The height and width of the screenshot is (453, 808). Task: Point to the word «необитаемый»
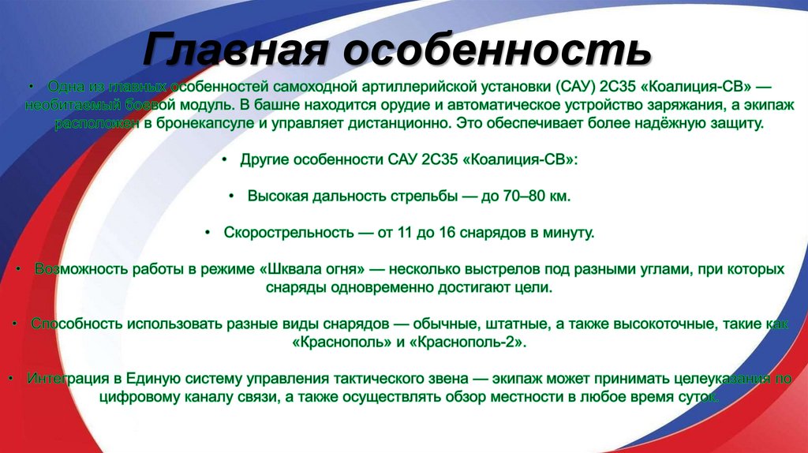pos(88,105)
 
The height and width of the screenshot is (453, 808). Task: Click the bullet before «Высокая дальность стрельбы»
pos(231,196)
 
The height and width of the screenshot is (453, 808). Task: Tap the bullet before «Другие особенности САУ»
pos(224,159)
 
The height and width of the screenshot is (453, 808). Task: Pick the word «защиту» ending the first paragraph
pos(737,124)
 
